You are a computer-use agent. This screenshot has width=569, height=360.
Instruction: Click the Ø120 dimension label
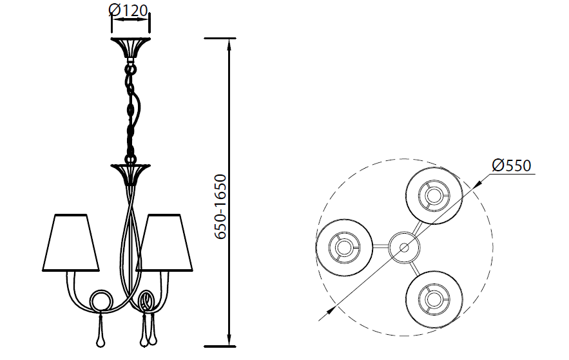(x=128, y=10)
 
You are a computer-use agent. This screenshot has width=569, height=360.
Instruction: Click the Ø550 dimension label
(x=512, y=166)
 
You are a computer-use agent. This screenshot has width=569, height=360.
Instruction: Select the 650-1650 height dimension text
(x=220, y=207)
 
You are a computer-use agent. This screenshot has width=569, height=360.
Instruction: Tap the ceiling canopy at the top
(x=130, y=48)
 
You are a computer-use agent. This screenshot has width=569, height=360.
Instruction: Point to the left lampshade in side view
(x=71, y=243)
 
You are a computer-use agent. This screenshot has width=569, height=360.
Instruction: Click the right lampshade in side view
(x=164, y=243)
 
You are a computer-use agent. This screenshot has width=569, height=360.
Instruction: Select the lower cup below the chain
(x=130, y=175)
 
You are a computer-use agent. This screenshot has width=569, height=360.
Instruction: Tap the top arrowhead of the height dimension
(x=229, y=44)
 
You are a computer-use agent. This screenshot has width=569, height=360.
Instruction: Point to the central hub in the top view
(x=404, y=247)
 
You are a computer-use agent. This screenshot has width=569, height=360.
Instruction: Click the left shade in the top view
(x=344, y=247)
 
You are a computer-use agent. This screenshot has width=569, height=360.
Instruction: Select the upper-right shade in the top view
(x=434, y=196)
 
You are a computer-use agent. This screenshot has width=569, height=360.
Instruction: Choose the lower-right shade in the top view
(x=434, y=299)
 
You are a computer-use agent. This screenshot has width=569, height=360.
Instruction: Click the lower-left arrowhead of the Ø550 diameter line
(x=331, y=310)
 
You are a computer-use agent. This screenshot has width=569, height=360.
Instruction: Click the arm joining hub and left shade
(x=380, y=247)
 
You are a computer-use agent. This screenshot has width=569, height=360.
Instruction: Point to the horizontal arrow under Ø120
(x=130, y=20)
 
